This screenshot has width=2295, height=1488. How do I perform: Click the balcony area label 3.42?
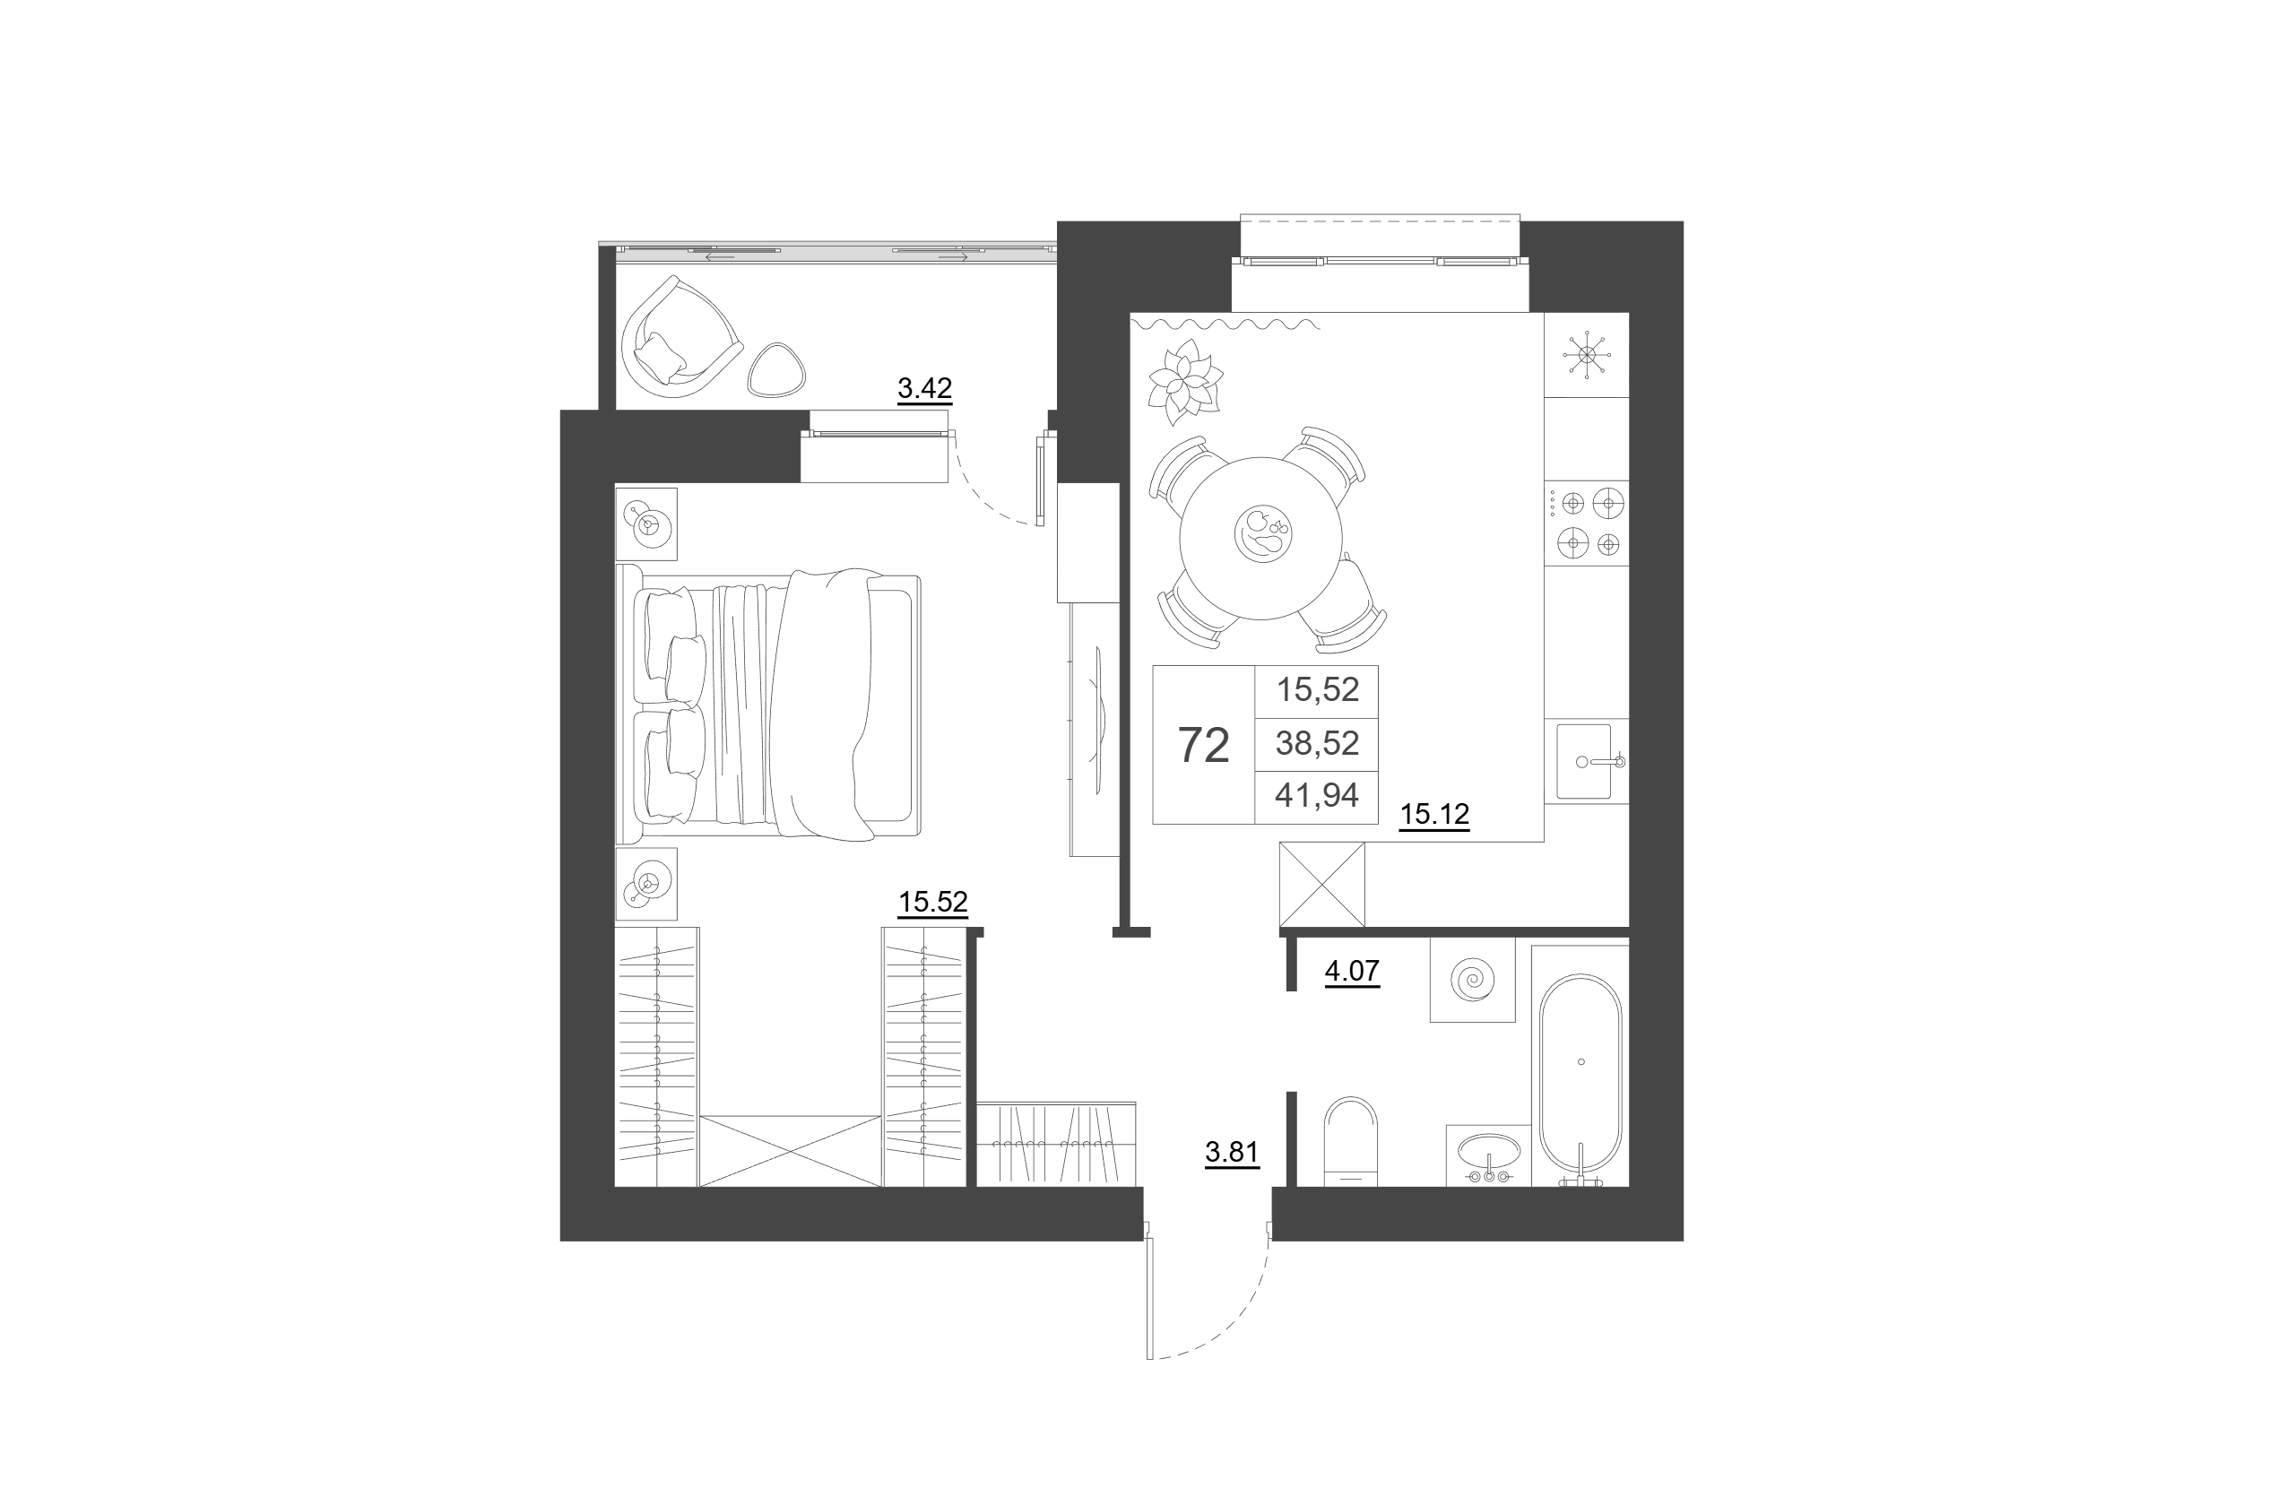coord(925,389)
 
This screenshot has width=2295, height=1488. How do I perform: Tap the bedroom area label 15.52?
coord(932,903)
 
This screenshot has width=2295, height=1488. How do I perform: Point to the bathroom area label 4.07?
coord(1352,971)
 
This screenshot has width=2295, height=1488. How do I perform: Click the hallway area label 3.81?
coord(1232,1153)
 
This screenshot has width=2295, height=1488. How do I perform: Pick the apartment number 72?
coord(1203,746)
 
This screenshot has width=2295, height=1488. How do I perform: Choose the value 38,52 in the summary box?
coord(1317,743)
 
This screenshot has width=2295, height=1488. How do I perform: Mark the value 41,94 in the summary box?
coord(1317,796)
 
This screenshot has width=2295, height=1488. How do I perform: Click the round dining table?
coord(1261,538)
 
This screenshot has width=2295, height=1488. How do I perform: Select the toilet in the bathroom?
coord(1351,1142)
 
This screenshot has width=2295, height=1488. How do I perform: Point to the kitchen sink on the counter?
coord(1586,762)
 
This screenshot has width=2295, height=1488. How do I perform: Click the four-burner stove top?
coord(1587,523)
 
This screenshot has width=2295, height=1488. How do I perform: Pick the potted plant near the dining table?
coord(1183,382)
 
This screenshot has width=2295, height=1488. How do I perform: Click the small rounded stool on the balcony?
coord(776,370)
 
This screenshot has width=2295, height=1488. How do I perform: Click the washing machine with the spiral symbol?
coord(1472,980)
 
